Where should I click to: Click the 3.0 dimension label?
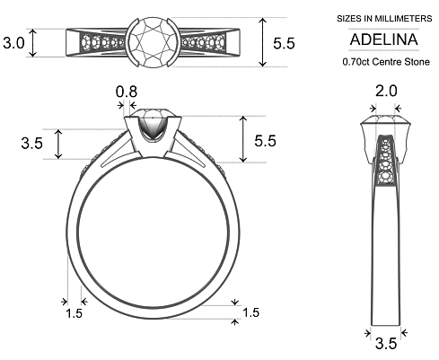[x=13, y=42]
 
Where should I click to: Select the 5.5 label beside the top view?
[x=284, y=41]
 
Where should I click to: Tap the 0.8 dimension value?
[x=127, y=91]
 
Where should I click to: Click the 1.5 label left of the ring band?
[x=75, y=312]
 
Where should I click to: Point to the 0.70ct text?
[x=355, y=62]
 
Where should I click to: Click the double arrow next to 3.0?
[x=33, y=42]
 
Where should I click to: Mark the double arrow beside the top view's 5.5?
[x=262, y=41]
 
